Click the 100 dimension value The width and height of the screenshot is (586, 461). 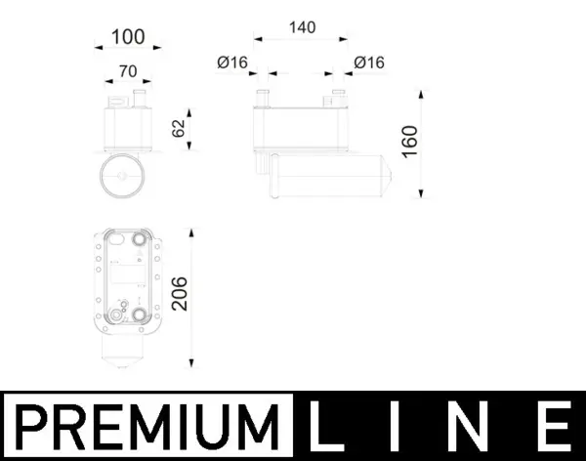click(x=128, y=37)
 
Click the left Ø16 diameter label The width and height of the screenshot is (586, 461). click(x=232, y=63)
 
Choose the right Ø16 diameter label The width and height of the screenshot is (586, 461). click(x=369, y=63)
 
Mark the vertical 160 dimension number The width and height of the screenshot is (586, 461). click(x=409, y=143)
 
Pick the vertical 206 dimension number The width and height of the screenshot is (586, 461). click(x=179, y=291)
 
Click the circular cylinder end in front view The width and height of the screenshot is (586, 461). click(x=122, y=177)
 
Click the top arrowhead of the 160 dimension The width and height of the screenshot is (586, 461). click(x=422, y=92)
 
